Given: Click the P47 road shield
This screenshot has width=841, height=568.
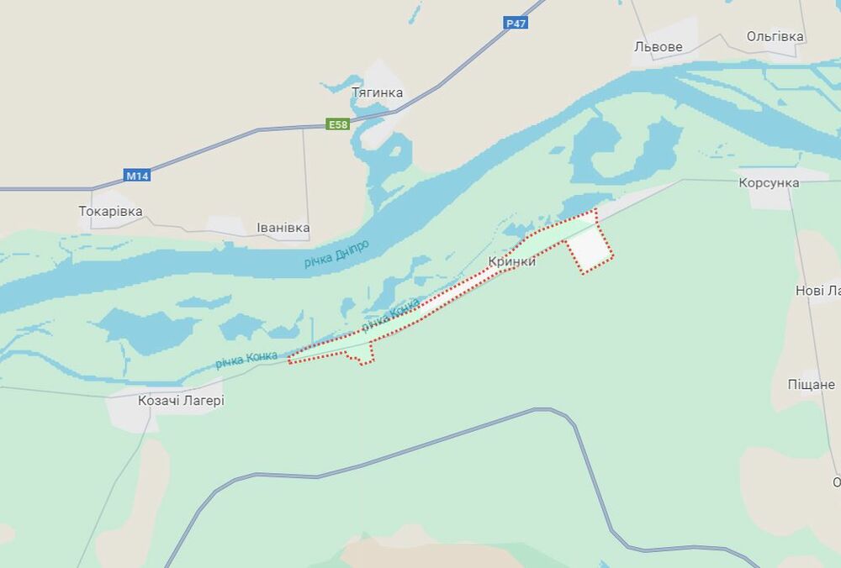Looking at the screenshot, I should pyautogui.click(x=516, y=24).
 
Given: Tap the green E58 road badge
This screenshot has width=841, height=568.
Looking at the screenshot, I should pyautogui.click(x=338, y=125).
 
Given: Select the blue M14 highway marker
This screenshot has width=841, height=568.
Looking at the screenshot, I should pyautogui.click(x=136, y=176).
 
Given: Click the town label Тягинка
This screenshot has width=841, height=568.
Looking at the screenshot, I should pyautogui.click(x=377, y=92).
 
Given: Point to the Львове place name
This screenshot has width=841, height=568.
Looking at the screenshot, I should pyautogui.click(x=658, y=47).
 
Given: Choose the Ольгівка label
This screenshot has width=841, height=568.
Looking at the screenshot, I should pyautogui.click(x=775, y=37).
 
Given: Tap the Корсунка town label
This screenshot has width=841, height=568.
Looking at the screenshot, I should pyautogui.click(x=767, y=182).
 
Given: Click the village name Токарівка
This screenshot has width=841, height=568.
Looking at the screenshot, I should pyautogui.click(x=110, y=212).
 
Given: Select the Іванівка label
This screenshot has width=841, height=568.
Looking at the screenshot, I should pyautogui.click(x=283, y=228).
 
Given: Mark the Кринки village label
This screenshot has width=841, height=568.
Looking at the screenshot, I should pyautogui.click(x=511, y=262).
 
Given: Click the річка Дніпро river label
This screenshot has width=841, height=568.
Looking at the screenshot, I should pyautogui.click(x=336, y=253).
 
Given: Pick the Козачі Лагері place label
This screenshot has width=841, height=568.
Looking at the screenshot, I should pyautogui.click(x=181, y=402).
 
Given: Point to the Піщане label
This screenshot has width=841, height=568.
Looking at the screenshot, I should pyautogui.click(x=811, y=384).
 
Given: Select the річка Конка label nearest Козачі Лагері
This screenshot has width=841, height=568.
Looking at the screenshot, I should pyautogui.click(x=246, y=360).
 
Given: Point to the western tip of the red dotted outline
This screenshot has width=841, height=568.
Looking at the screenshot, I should pyautogui.click(x=289, y=361).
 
